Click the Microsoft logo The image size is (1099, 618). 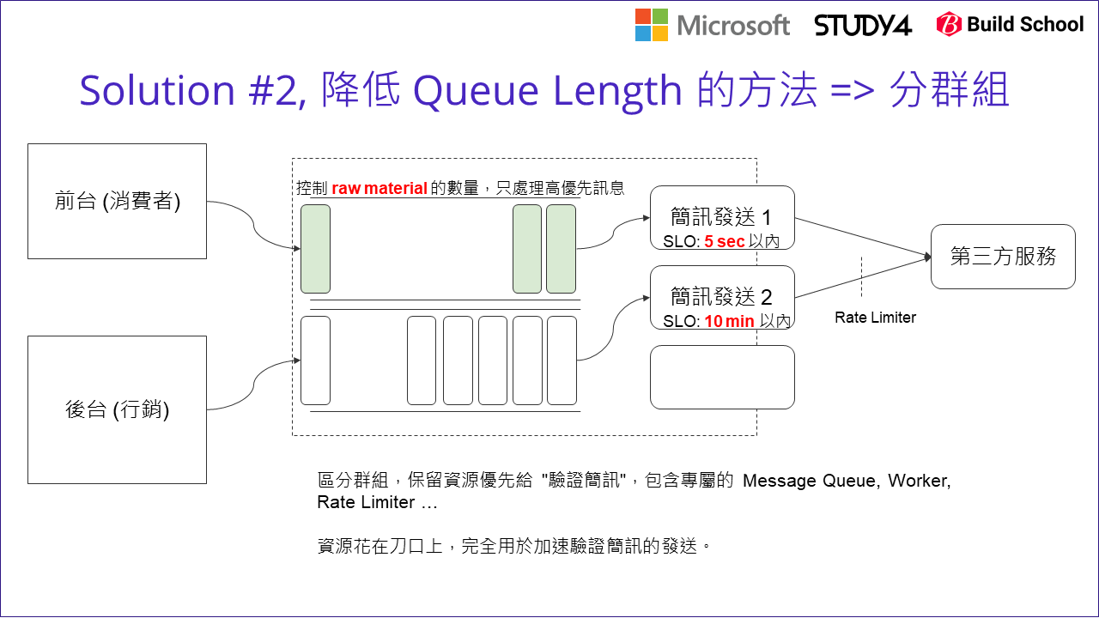tap(712, 25)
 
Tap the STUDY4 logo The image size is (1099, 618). tap(862, 25)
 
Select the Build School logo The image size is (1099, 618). tap(1010, 25)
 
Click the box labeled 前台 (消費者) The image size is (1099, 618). tap(117, 201)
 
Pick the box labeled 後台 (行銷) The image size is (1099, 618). tap(117, 409)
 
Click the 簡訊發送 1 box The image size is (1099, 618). tap(722, 218)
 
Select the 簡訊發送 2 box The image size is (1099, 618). tap(722, 297)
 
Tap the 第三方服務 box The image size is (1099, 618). tap(1003, 257)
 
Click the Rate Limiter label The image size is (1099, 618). tap(875, 318)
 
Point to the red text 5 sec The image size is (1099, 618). tap(724, 242)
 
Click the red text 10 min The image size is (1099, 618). tap(729, 322)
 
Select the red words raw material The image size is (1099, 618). tap(379, 189)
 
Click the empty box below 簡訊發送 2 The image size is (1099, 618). tap(722, 377)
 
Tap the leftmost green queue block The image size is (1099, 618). tap(315, 249)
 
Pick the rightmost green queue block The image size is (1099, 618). tap(561, 249)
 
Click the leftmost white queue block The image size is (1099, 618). tap(315, 360)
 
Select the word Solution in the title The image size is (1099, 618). tap(156, 90)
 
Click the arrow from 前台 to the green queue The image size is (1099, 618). tap(254, 225)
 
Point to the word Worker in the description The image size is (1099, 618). tap(918, 481)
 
